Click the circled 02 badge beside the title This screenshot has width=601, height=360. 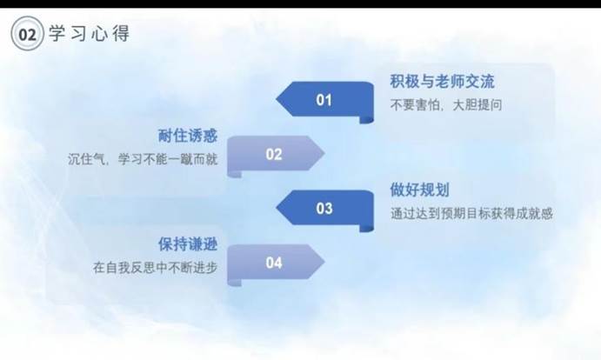coord(27,34)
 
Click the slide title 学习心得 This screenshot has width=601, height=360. coord(90,33)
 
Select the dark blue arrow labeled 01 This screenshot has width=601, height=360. coord(325,102)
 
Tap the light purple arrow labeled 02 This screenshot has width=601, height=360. coord(276,157)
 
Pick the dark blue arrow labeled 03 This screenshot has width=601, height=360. coord(325,210)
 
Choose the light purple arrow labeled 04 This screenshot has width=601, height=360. coord(276,265)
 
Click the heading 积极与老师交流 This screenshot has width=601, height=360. coord(443,82)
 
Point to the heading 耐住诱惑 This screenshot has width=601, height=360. coord(188,136)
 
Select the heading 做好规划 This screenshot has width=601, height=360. coord(420,190)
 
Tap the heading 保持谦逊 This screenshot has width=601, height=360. coord(188,244)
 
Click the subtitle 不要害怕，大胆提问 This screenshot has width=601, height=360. coord(446,104)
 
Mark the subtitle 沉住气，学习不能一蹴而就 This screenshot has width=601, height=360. coord(143,159)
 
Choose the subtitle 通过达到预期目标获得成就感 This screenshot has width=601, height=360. coord(471,213)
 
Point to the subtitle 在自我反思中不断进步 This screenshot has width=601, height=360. coord(155,267)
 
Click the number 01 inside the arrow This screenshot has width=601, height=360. coord(324,100)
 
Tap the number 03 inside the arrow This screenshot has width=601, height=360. coord(324,209)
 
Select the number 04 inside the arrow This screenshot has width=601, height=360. coord(274,263)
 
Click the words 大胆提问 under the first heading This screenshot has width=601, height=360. coord(477,104)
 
